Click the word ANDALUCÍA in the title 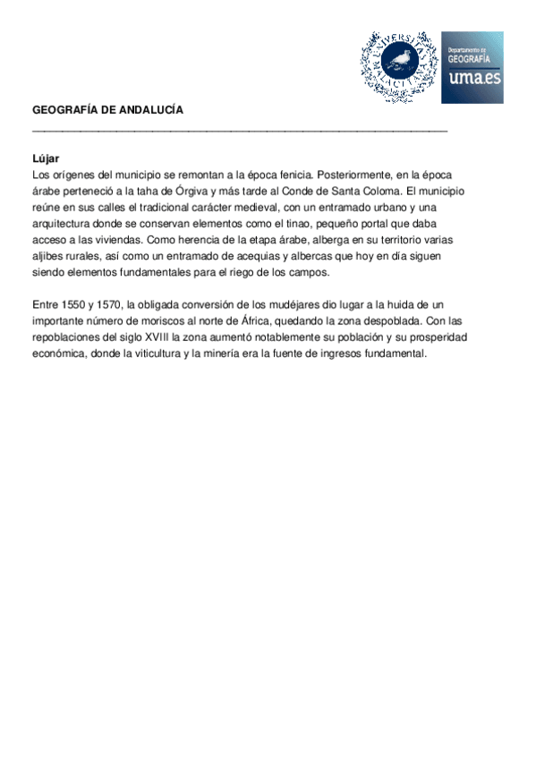click(150, 110)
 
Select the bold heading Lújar click(46, 158)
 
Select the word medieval click(262, 208)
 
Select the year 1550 click(71, 306)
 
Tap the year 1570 click(108, 306)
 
